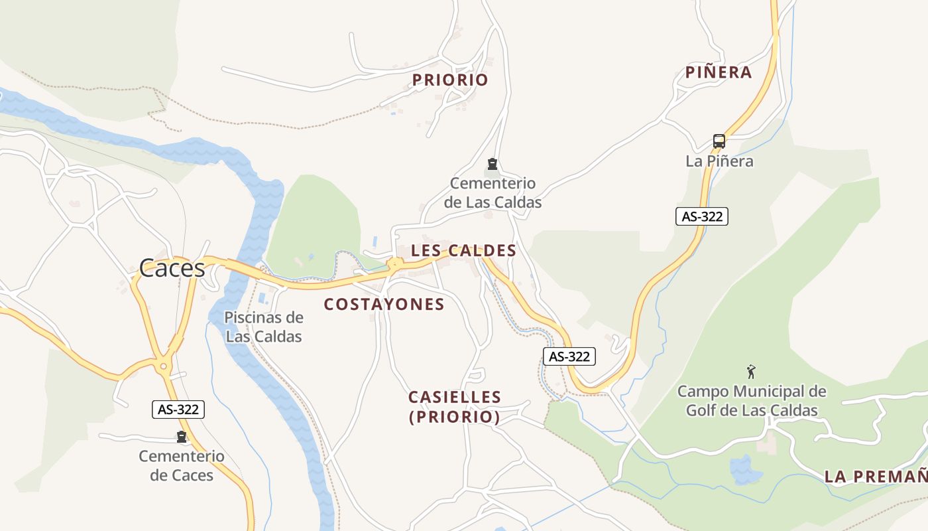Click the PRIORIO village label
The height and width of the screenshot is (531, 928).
[x=450, y=80]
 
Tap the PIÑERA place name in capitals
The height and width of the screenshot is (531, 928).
[x=719, y=72]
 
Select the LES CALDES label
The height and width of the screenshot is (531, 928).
[x=463, y=251]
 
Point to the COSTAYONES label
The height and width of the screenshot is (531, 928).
[x=384, y=305]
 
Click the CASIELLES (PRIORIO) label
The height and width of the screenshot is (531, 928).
[x=455, y=407]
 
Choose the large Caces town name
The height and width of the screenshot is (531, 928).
[x=172, y=268]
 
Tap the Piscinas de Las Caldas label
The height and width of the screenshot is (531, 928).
[x=264, y=327]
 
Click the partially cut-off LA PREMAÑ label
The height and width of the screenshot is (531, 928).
[x=875, y=476]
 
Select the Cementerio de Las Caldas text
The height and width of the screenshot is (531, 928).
[x=493, y=192]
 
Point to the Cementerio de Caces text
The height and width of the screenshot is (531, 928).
[x=182, y=465]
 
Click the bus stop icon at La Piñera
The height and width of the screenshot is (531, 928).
[x=719, y=141]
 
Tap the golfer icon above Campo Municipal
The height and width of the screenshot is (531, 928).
[x=751, y=371]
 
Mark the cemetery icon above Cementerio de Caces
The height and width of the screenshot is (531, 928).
[x=181, y=437]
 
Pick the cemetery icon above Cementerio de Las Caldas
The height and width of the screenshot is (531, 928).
[x=492, y=163]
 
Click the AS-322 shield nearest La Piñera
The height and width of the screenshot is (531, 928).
[x=702, y=216]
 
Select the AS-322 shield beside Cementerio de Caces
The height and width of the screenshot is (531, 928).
[x=178, y=410]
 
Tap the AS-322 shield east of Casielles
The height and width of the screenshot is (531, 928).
[x=569, y=356]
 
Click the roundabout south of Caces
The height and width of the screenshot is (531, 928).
[x=163, y=366]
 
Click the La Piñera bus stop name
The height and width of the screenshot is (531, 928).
[x=719, y=161]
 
